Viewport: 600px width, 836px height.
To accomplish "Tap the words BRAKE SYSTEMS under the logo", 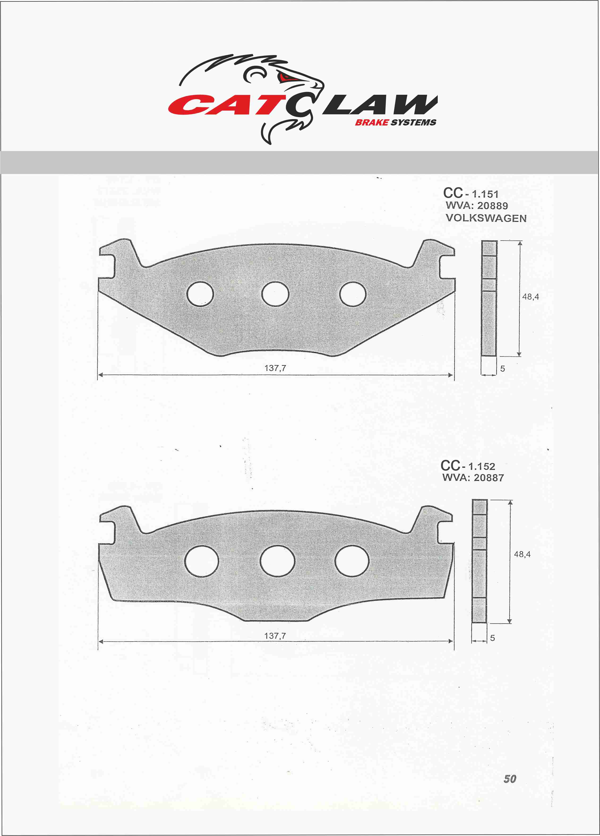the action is [395, 123].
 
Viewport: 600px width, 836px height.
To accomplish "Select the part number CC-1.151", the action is [471, 193].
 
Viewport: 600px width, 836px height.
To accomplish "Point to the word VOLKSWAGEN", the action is [486, 218].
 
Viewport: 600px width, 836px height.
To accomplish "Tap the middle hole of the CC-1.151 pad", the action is [275, 294].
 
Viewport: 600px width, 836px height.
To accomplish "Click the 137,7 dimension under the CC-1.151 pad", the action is [275, 368].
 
